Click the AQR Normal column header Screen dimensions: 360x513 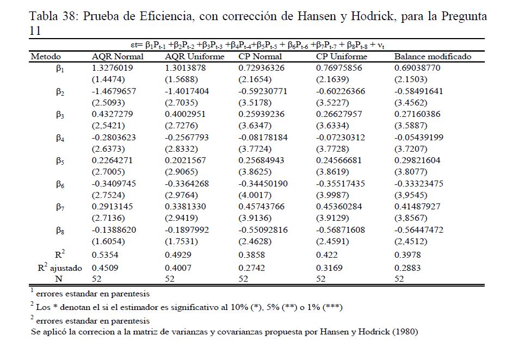point(118,57)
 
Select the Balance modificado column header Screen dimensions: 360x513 point(432,57)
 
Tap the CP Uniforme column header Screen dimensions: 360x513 point(341,57)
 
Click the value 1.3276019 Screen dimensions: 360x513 point(112,68)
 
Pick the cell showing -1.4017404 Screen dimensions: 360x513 point(187,91)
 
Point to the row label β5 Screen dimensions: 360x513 point(60,161)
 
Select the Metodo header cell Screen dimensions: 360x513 point(46,57)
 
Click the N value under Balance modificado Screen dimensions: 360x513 point(399,278)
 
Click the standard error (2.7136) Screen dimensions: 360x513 point(106,218)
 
